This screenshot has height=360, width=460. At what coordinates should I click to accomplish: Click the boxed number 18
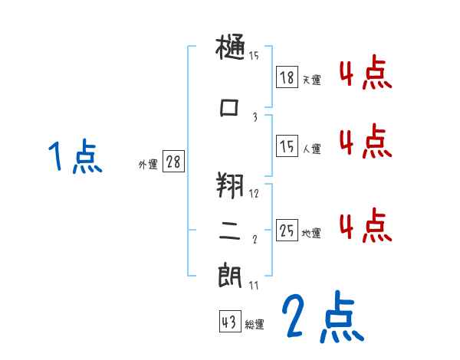coord(287,77)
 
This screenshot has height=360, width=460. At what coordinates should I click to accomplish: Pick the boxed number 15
coord(287,146)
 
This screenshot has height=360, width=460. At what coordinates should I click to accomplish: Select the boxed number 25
coord(287,231)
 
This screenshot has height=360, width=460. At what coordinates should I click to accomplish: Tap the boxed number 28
coord(173,162)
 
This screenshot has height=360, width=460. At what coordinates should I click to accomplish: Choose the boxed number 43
coord(229,322)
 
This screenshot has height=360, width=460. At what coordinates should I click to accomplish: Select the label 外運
coord(147,164)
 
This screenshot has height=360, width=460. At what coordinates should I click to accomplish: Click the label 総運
coord(255,325)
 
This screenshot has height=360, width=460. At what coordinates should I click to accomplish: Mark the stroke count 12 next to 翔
coord(254,194)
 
